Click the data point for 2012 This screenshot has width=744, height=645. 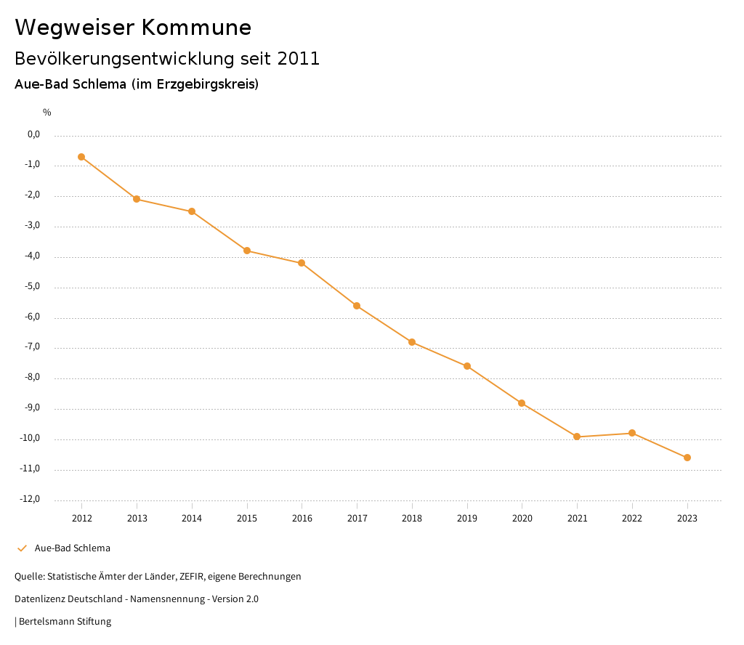pos(81,157)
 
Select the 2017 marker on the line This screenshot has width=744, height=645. pos(357,306)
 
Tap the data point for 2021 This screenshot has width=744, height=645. pos(577,437)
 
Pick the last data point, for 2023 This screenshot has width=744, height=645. pos(687,458)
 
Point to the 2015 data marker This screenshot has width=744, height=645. pos(247,251)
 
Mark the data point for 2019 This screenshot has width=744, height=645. pos(467,366)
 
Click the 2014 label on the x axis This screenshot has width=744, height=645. pos(192,519)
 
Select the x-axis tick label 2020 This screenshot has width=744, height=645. pos(522,519)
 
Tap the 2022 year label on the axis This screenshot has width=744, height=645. pos(632,519)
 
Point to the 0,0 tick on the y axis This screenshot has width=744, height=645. pos(33,134)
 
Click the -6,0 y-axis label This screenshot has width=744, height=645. pos(32,317)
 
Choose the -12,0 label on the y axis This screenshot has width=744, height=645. pos(30,499)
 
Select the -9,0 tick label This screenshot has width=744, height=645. pos(32,407)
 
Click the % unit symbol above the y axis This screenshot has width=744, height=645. pos(46,113)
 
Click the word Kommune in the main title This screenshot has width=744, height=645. pos(196,28)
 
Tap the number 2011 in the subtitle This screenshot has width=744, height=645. pos(299,59)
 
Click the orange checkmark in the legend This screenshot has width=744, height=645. pos(22,548)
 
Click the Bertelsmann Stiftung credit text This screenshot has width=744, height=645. pos(65,622)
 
